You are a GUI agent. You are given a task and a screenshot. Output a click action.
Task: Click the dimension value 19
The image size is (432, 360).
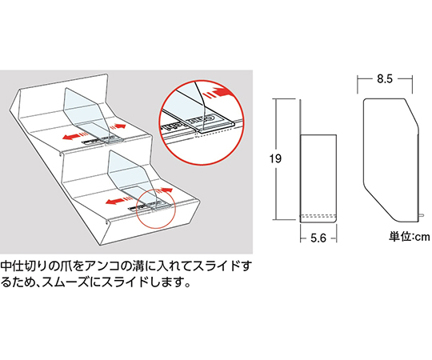(276, 159)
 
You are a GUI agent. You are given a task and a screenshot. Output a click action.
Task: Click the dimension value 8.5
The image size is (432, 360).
(383, 79)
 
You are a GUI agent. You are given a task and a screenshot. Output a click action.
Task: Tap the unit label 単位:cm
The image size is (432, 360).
(410, 236)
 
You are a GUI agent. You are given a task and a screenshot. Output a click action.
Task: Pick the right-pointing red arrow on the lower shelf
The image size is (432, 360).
(164, 190)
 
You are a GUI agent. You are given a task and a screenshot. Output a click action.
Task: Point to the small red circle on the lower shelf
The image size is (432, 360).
(153, 205)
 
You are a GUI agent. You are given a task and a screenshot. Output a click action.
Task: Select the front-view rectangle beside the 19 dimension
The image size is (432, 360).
(316, 176)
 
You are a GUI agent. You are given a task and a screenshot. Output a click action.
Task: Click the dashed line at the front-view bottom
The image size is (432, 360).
(316, 217)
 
